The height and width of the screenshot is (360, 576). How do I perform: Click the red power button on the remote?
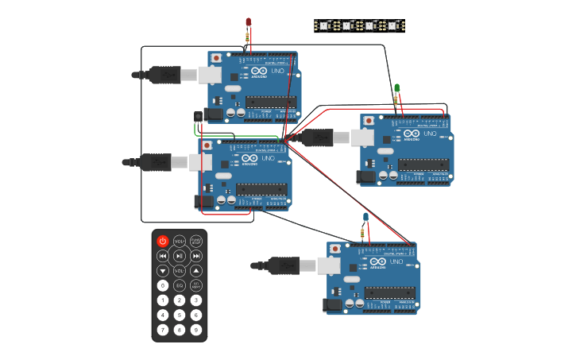click(x=163, y=241)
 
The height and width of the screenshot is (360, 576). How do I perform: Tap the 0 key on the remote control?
click(x=163, y=285)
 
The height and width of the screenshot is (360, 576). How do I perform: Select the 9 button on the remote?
click(x=196, y=330)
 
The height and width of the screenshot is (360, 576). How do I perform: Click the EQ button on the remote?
click(x=180, y=285)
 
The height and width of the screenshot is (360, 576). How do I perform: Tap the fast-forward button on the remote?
click(x=196, y=256)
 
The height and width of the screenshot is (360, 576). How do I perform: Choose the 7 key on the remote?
click(x=163, y=330)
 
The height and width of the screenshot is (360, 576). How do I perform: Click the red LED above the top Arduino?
click(x=249, y=22)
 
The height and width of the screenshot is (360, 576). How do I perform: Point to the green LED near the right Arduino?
click(x=397, y=87)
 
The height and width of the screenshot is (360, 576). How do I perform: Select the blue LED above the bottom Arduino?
click(x=365, y=217)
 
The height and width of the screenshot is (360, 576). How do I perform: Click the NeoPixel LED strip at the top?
click(x=358, y=25)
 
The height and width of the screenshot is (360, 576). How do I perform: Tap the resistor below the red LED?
click(x=249, y=36)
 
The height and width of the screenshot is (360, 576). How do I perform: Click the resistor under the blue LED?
click(x=363, y=233)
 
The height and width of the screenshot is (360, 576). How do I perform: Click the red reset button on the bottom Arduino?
click(x=336, y=249)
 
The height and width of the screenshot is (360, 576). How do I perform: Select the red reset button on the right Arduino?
click(x=369, y=121)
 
